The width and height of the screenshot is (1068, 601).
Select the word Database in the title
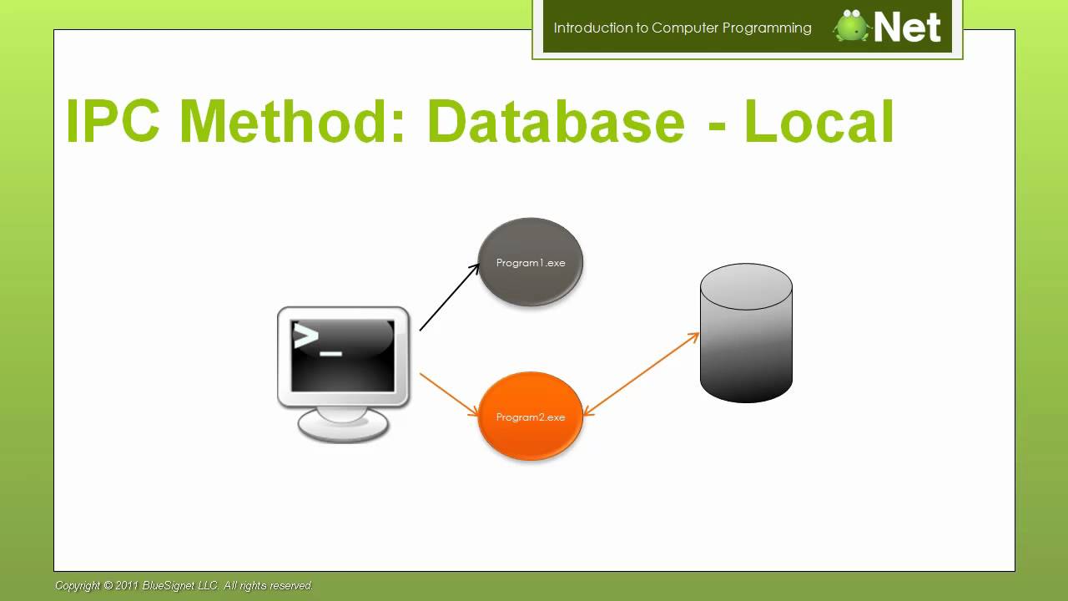[x=555, y=122]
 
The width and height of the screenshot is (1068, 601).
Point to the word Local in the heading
[x=819, y=122]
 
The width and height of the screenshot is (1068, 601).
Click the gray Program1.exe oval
[x=530, y=262]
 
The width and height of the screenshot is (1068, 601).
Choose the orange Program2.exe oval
[x=530, y=417]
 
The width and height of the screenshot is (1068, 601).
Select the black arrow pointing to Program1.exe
[x=449, y=298]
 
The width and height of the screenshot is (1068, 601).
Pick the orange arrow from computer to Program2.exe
[x=449, y=394]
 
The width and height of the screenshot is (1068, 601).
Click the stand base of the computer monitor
[x=343, y=427]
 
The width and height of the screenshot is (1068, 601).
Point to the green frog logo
[x=852, y=26]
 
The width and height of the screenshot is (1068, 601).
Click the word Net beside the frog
[x=908, y=28]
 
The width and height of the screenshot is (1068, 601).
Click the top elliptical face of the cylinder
[x=746, y=286]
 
